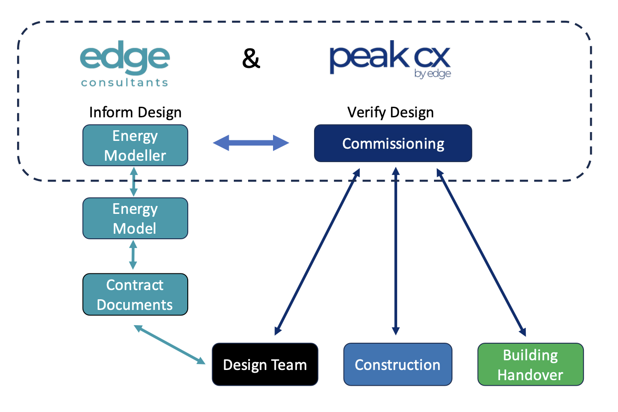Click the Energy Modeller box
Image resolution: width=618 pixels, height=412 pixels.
(135, 145)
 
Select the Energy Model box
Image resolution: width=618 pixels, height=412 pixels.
(135, 218)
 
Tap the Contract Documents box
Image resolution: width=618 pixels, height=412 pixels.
(135, 295)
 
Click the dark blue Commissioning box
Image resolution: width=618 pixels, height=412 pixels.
(393, 143)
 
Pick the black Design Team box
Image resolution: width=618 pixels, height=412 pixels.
(265, 364)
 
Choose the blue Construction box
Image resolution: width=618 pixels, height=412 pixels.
(398, 364)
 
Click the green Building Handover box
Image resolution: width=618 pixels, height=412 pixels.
(530, 364)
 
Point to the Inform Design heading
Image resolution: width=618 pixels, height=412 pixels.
(135, 112)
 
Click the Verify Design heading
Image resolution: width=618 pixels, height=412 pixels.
(391, 112)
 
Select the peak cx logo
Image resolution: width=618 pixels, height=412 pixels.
(390, 60)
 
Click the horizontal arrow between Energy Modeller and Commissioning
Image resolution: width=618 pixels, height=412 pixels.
(251, 143)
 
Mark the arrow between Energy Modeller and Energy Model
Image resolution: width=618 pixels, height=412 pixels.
(134, 182)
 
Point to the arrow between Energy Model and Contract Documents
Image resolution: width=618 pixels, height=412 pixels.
(133, 256)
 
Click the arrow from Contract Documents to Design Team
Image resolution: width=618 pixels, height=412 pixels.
(170, 344)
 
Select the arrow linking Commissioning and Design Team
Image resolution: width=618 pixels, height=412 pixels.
(317, 251)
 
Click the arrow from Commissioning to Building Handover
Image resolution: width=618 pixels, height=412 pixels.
(481, 251)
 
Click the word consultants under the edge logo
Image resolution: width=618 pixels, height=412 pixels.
(125, 83)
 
